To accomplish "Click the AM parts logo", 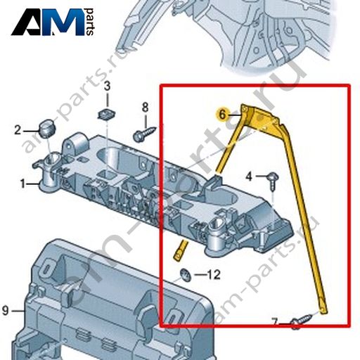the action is click(53, 22).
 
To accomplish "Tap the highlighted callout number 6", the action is click(222, 115).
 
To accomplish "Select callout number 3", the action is click(107, 86).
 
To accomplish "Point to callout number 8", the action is click(146, 108).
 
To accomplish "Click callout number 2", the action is click(18, 130).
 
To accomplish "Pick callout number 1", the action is click(22, 184).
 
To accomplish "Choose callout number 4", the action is click(249, 176).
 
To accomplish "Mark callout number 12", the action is click(214, 274).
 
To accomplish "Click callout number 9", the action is click(6, 311).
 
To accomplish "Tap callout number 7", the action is click(274, 321).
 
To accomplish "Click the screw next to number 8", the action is click(145, 134).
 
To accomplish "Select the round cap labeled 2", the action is click(47, 129).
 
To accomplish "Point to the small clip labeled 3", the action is click(107, 114).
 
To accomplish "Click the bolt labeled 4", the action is click(273, 181).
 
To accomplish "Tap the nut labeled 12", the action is click(185, 275).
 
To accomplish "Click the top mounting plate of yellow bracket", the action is click(261, 117).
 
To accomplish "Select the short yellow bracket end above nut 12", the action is click(181, 250).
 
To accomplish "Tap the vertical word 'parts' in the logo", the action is click(90, 22).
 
